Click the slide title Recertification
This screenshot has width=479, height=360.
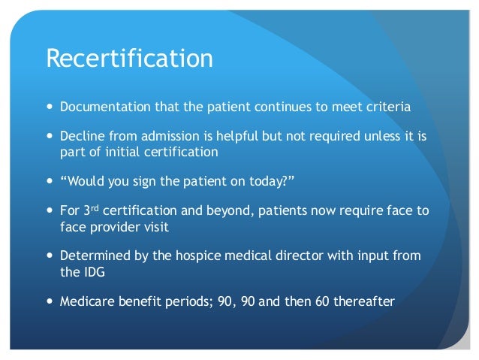point(129,58)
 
